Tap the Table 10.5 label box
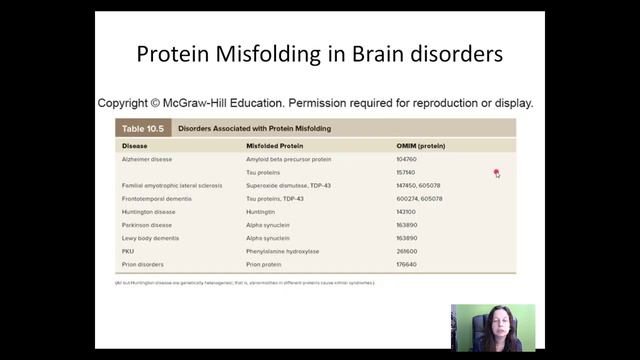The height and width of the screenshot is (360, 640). (144, 128)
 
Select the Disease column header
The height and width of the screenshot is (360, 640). (134, 146)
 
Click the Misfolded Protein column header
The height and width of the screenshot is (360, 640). (275, 146)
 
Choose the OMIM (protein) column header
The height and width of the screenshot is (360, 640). (420, 146)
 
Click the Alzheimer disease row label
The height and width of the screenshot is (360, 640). (148, 159)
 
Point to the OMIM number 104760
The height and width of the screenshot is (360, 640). (406, 159)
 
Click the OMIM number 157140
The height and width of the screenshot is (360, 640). (406, 172)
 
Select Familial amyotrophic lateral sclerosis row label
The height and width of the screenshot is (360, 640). (172, 185)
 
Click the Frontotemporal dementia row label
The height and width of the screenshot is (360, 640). (156, 198)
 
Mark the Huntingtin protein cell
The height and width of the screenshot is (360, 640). (260, 212)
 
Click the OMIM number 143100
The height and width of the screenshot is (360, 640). (406, 212)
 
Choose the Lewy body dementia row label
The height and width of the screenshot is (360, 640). (150, 238)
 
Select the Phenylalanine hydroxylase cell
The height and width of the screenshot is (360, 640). (283, 251)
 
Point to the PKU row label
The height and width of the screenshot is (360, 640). (127, 251)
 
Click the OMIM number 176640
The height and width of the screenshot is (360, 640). (406, 265)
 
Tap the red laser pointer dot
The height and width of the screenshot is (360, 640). (497, 173)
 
